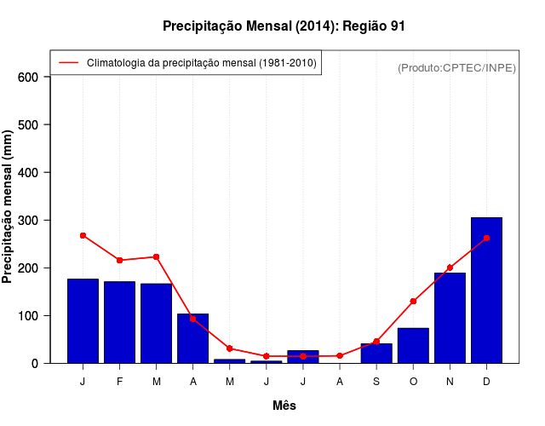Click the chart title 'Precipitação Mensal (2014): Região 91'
click(x=284, y=26)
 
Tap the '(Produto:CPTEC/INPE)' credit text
click(x=457, y=68)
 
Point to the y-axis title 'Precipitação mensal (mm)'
click(x=9, y=206)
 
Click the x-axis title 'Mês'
click(x=284, y=406)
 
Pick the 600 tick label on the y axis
click(x=29, y=77)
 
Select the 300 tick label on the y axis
click(x=29, y=220)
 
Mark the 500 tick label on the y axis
click(x=29, y=124)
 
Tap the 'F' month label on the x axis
click(x=120, y=382)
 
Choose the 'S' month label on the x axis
click(x=376, y=382)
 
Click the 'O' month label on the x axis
click(x=413, y=382)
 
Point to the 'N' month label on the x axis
click(x=450, y=382)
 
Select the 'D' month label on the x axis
click(x=486, y=382)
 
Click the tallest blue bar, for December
click(x=486, y=290)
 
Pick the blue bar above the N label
click(x=450, y=318)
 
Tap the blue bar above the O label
click(x=413, y=345)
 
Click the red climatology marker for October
click(x=413, y=301)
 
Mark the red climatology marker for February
click(x=120, y=260)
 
